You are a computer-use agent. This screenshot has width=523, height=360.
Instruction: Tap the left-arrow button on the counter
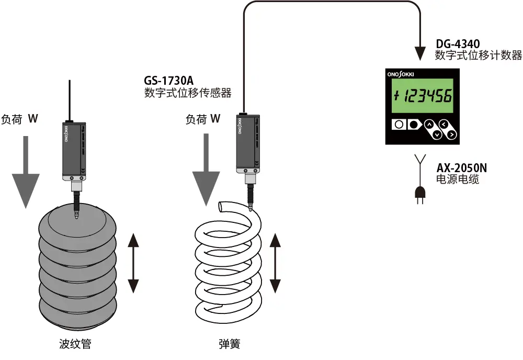click(x=444, y=124)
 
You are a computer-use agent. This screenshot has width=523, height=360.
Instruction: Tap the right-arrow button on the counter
click(x=451, y=134)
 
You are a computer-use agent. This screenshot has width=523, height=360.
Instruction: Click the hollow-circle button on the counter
click(x=399, y=125)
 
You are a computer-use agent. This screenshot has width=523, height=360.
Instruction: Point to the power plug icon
click(x=419, y=195)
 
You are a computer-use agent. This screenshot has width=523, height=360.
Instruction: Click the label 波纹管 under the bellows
click(x=76, y=344)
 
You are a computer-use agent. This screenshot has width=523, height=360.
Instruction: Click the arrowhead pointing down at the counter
click(x=420, y=53)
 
